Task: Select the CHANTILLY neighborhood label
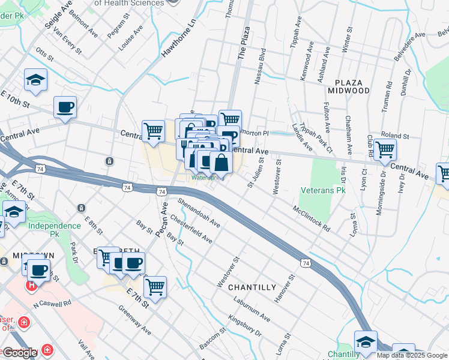pyautogui.click(x=252, y=287)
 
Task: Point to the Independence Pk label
pyautogui.click(x=54, y=226)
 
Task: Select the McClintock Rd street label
pyautogui.click(x=312, y=220)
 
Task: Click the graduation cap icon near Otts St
pyautogui.click(x=36, y=80)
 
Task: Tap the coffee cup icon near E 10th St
pyautogui.click(x=65, y=107)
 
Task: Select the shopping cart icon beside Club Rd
pyautogui.click(x=385, y=149)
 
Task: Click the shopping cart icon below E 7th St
pyautogui.click(x=155, y=286)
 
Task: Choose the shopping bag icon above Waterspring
pyautogui.click(x=221, y=161)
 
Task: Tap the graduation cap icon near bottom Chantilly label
pyautogui.click(x=366, y=341)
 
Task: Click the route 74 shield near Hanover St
pyautogui.click(x=306, y=263)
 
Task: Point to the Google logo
pyautogui.click(x=20, y=353)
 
